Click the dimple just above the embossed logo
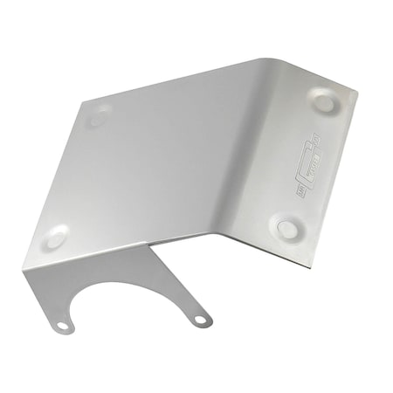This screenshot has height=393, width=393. coord(324,103)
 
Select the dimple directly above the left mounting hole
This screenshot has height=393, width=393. coord(56,236)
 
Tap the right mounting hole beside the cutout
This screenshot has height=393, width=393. coord(200,321)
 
